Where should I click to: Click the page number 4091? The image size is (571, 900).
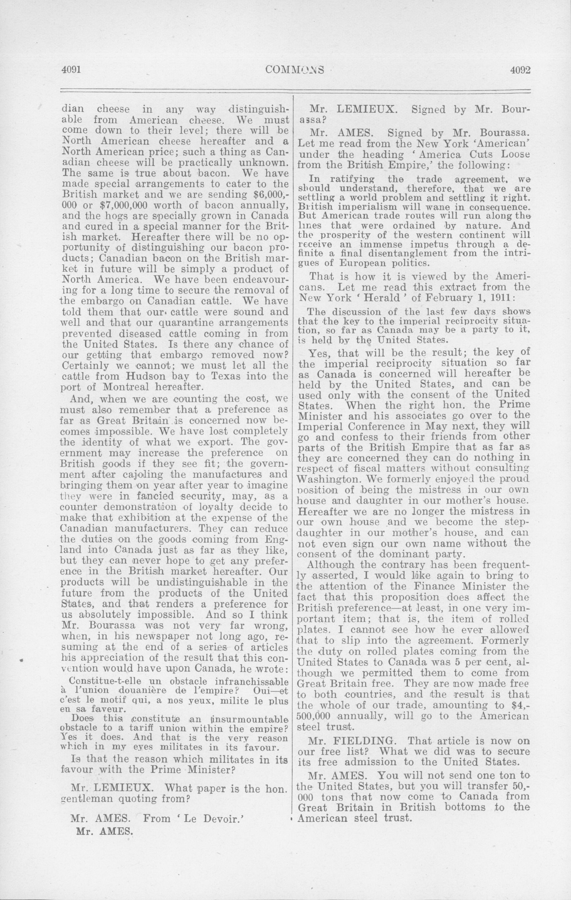tap(71, 69)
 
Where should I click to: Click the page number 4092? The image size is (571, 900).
tap(521, 69)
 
